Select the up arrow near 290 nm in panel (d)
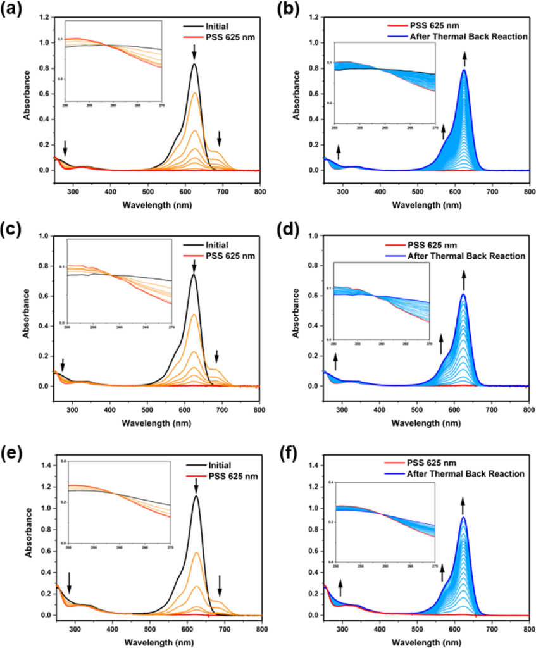point(336,361)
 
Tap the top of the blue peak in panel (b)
point(464,70)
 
